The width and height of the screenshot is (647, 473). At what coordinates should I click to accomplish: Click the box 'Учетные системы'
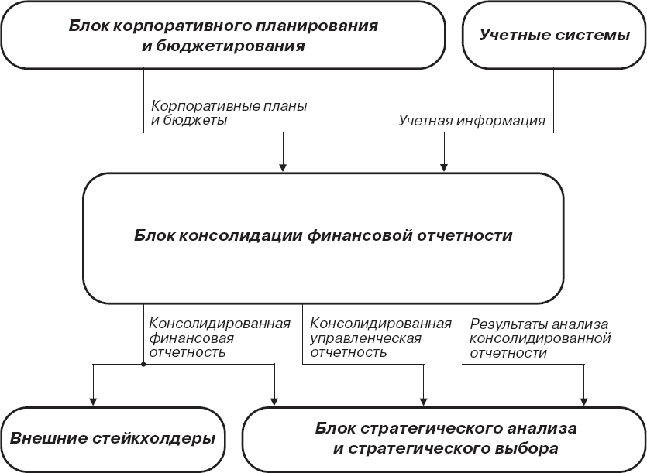click(x=553, y=36)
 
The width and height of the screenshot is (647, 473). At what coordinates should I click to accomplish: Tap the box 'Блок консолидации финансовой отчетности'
click(x=323, y=236)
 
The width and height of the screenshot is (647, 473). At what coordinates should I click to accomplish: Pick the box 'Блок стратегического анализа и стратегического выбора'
click(x=446, y=438)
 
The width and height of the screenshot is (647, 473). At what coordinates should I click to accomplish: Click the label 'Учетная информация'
click(x=472, y=121)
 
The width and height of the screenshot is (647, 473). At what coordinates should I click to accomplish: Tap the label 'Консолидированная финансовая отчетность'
click(x=219, y=338)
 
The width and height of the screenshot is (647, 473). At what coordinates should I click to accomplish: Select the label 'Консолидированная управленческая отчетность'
click(x=380, y=338)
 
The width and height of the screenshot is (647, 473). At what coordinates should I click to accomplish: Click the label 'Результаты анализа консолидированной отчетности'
click(x=541, y=338)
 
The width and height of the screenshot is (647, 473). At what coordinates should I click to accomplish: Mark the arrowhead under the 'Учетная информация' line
click(x=444, y=165)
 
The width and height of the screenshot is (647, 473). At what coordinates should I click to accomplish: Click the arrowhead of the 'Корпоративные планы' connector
click(x=284, y=165)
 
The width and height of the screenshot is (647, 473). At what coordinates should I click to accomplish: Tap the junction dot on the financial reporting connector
click(x=145, y=363)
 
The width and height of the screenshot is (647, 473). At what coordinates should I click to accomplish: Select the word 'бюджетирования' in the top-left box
click(x=249, y=46)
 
